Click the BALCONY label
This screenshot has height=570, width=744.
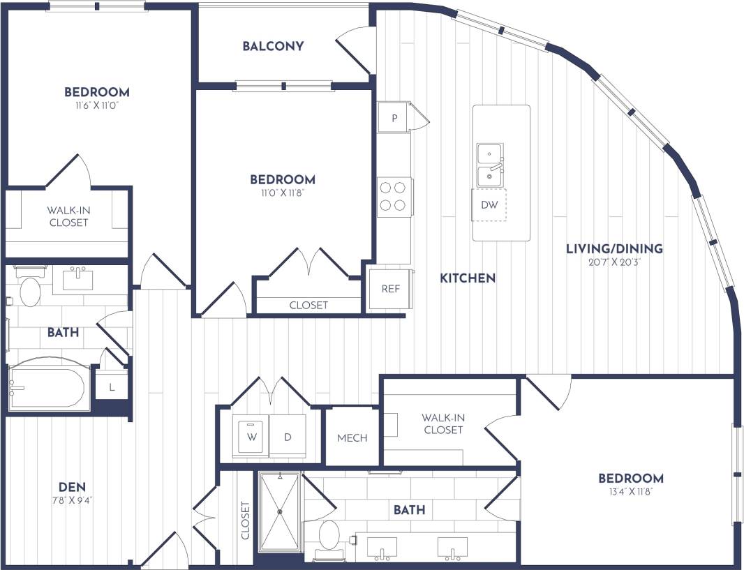273,46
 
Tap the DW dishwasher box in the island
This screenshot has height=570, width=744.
489,205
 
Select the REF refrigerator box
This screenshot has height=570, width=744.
390,288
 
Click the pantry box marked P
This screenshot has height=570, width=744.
394,118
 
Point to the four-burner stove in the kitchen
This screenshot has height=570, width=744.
392,196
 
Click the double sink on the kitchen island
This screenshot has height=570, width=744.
491,165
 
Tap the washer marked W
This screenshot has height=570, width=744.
251,437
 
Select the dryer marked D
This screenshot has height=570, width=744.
287,437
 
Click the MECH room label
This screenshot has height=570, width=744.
352,438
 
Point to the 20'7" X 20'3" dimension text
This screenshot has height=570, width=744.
614,263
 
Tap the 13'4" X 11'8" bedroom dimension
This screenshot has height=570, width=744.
631,493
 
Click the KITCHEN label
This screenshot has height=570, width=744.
468,278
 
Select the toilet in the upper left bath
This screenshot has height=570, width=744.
30,291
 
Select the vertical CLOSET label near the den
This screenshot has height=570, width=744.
245,521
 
